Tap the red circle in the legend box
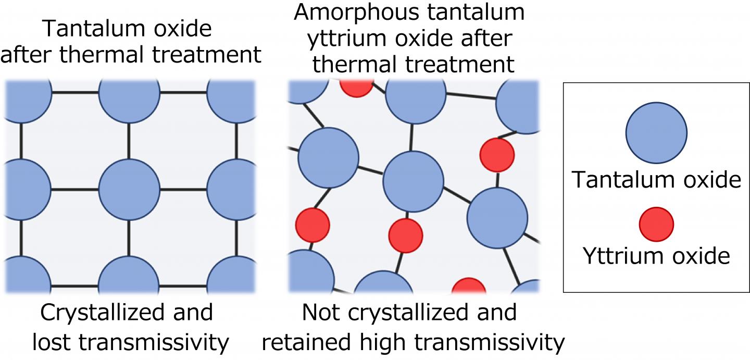(656, 224)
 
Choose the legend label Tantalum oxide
(656, 180)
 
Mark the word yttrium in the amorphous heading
(342, 39)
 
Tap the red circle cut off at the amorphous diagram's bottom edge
(468, 288)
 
